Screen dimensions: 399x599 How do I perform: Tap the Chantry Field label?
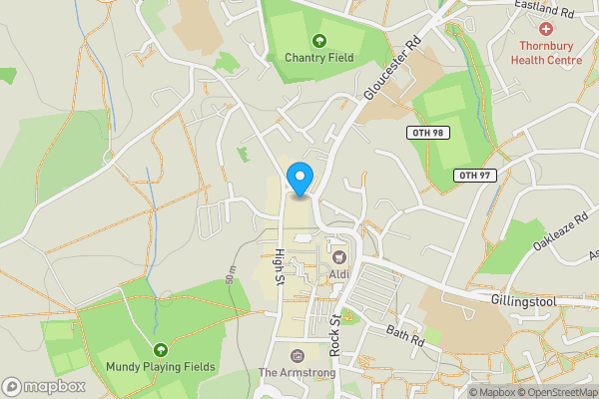[x=319, y=57]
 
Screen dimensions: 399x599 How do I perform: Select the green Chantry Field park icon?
[x=319, y=40]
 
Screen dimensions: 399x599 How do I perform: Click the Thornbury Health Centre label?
[x=546, y=53]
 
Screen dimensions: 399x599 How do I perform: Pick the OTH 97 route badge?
[x=474, y=176]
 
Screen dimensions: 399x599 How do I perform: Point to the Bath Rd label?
[x=406, y=337]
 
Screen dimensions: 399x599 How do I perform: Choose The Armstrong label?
[x=297, y=373]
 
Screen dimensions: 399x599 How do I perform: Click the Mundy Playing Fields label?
[x=161, y=367]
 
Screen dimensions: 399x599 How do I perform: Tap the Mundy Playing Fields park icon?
[x=161, y=349]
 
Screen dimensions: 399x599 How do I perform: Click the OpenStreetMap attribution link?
[x=555, y=391]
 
